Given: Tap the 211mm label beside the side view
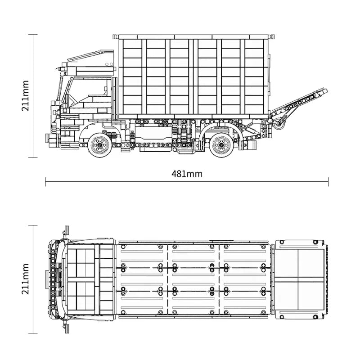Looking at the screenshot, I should (25, 95).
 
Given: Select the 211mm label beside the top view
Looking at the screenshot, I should (25, 279).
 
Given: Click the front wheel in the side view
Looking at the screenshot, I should (99, 144).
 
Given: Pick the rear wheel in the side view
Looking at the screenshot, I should (220, 144).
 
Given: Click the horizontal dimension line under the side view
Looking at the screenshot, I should (187, 182).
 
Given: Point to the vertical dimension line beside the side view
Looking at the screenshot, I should (32, 95).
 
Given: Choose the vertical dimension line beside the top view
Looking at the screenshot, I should (32, 279).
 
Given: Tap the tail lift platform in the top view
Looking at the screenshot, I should (300, 279).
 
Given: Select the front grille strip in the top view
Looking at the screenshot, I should (55, 279).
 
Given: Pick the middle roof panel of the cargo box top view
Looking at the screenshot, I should (193, 279).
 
